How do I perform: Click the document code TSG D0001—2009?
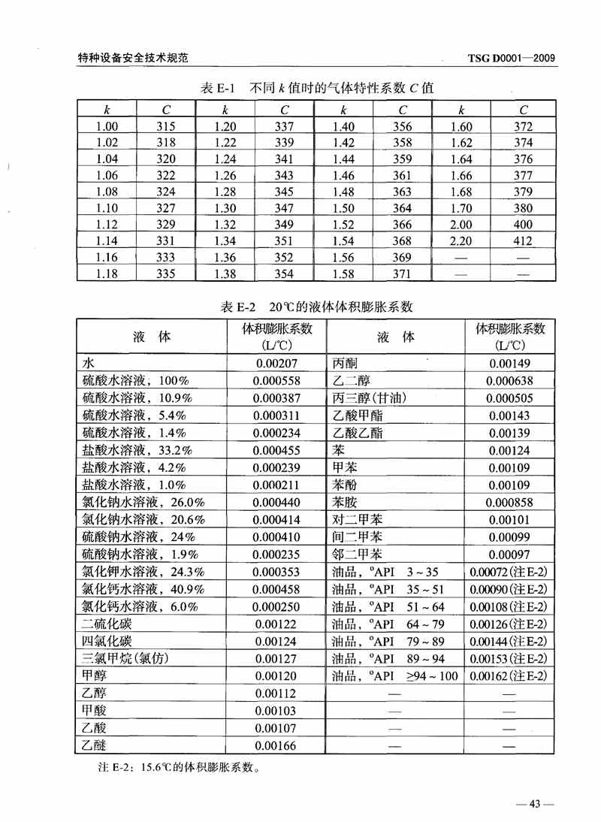[512, 57]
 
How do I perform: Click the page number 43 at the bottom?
[535, 803]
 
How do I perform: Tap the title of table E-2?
[317, 307]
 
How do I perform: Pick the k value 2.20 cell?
[461, 241]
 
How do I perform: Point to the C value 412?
[523, 241]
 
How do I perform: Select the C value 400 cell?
[523, 225]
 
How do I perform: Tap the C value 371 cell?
[403, 274]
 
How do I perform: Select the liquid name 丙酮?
[345, 363]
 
